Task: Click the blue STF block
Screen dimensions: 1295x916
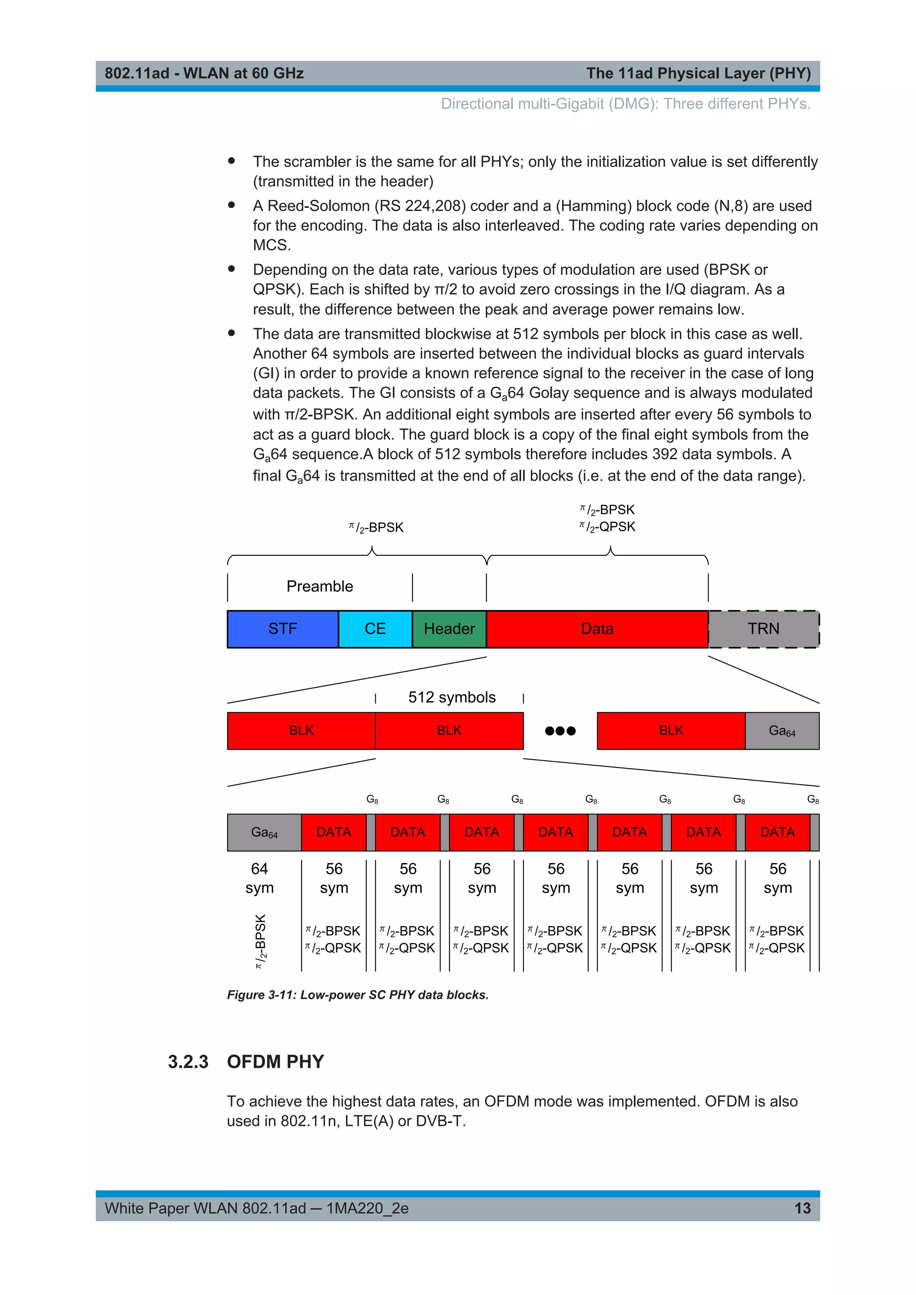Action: click(x=283, y=629)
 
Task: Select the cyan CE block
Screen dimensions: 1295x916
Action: click(x=375, y=629)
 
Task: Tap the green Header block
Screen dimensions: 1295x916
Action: click(x=449, y=629)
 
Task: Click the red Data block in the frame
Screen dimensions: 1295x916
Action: click(x=597, y=629)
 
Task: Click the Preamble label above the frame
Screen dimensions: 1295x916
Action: click(x=319, y=587)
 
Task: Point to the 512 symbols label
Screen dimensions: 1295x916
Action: click(x=452, y=697)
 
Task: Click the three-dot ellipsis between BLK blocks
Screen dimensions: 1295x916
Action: click(x=560, y=731)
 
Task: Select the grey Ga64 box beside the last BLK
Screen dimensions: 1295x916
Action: click(x=782, y=731)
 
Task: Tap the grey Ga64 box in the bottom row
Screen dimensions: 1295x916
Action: click(x=264, y=833)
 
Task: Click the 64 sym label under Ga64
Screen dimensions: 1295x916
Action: click(x=259, y=878)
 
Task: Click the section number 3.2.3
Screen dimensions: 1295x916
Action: click(x=188, y=1062)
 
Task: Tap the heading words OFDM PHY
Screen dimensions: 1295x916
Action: click(x=275, y=1062)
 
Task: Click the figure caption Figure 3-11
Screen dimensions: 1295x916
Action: click(x=358, y=995)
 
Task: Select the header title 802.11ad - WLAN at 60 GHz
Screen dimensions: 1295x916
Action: click(x=204, y=73)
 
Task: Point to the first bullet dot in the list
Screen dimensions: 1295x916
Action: click(x=231, y=161)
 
